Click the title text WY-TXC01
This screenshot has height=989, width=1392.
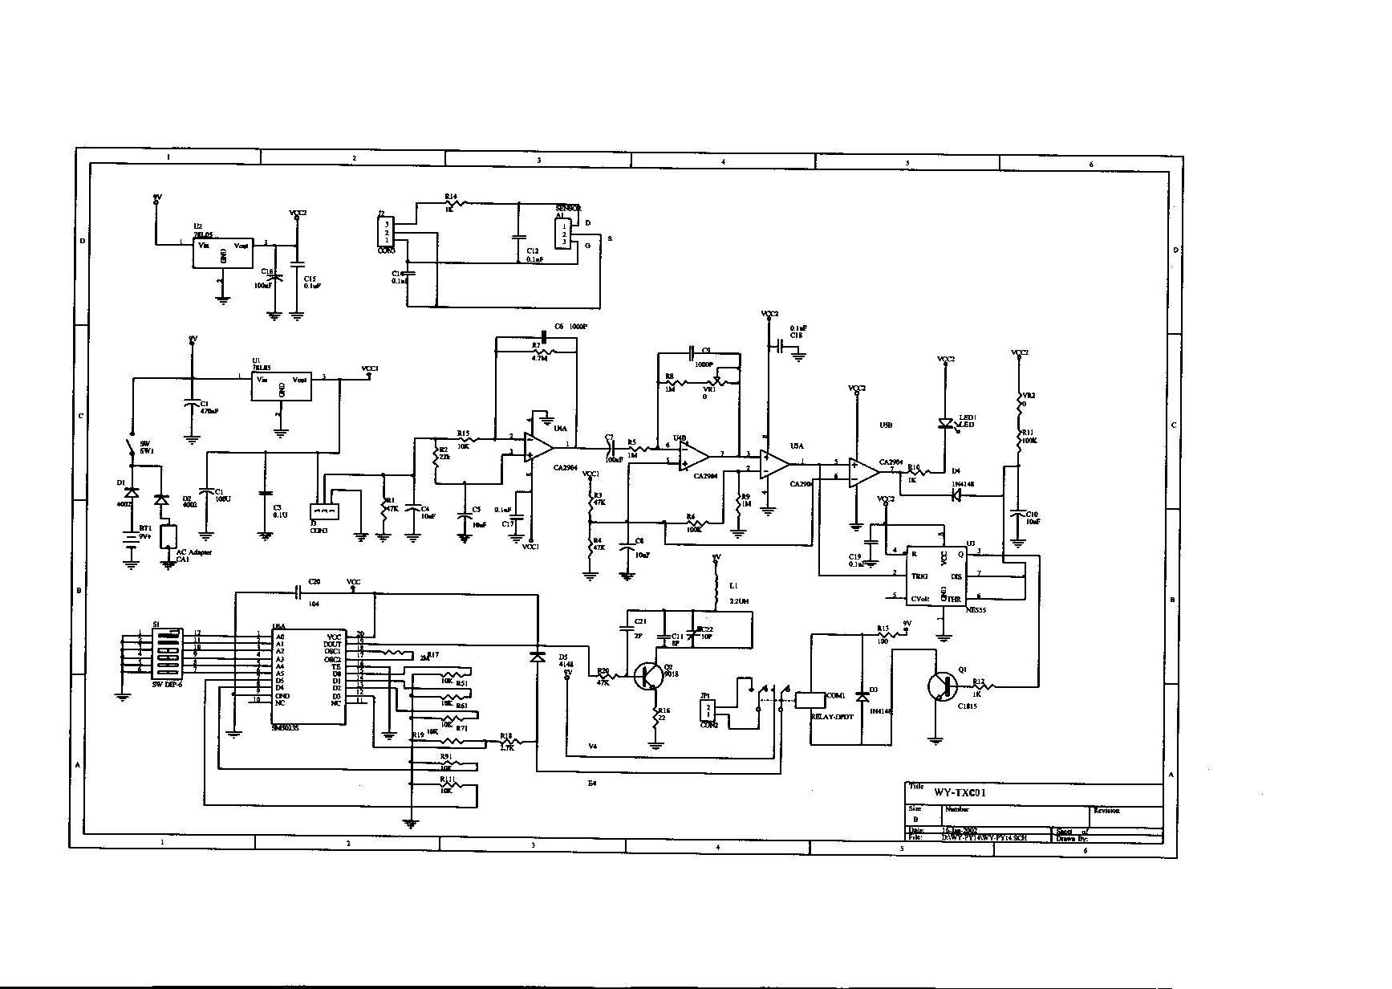959,792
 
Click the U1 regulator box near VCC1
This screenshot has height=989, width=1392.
281,387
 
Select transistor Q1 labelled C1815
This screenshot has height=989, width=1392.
940,686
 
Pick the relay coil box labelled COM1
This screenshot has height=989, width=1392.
808,699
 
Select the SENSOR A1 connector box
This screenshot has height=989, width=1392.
564,233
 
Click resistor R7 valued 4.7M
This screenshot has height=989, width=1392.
544,352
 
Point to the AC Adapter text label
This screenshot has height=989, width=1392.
193,552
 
